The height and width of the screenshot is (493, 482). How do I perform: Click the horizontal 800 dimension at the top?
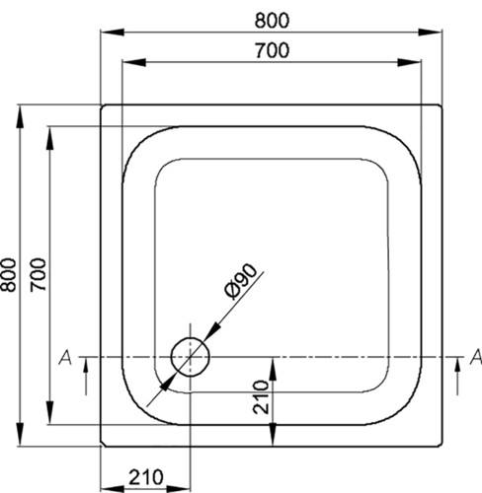click(x=272, y=21)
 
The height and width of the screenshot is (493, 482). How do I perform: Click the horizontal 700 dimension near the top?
click(x=273, y=50)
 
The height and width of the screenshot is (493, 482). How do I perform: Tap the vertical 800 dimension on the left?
click(x=8, y=275)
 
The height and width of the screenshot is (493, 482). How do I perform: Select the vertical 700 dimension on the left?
click(x=39, y=275)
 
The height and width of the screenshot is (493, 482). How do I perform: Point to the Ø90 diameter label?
click(x=240, y=281)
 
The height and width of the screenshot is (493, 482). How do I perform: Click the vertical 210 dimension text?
click(x=261, y=396)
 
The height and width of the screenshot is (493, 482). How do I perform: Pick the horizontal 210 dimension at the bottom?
click(x=145, y=477)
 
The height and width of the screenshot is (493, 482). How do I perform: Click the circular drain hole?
click(x=191, y=357)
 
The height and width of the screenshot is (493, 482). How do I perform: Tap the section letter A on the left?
click(x=65, y=357)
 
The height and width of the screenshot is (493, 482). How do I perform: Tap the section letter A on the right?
click(x=476, y=357)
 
